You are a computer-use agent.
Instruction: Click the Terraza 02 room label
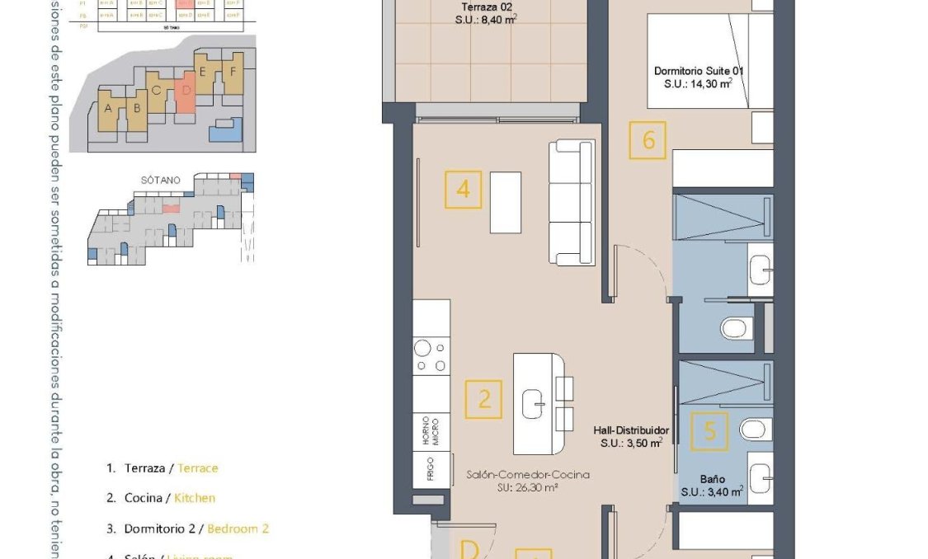tap(484, 15)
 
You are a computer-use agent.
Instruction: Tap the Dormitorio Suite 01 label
tap(698, 77)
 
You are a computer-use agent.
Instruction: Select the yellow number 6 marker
tap(648, 140)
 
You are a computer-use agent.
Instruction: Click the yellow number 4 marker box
tap(463, 189)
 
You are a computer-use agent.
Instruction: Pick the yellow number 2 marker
tap(483, 399)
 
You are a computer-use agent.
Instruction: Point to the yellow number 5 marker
tap(709, 431)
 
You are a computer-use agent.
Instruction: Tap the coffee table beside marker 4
tap(505, 202)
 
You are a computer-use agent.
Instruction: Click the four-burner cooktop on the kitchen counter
tap(431, 356)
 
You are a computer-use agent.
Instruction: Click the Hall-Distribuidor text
tap(631, 436)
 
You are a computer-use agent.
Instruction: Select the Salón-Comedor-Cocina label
tap(527, 480)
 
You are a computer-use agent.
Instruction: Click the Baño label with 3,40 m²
tap(713, 485)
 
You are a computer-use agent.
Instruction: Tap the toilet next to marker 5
tap(752, 429)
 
